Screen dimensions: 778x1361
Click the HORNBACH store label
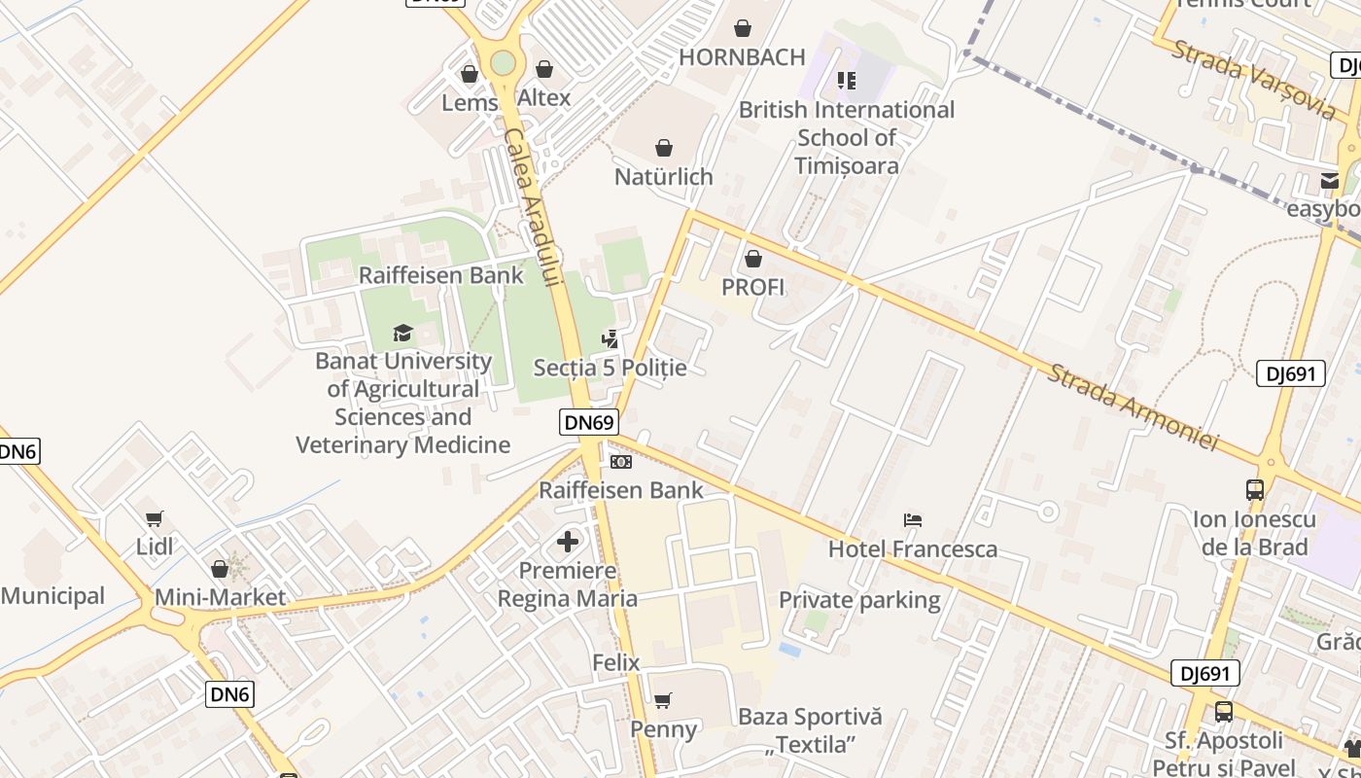[x=742, y=57]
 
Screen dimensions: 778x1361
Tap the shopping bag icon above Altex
[x=544, y=70]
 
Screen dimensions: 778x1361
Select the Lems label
[x=470, y=102]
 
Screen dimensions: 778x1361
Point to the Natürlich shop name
[x=664, y=177]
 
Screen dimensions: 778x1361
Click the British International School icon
[x=846, y=80]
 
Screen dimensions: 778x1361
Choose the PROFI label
[x=753, y=288]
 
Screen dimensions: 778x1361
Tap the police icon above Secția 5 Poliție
[x=611, y=339]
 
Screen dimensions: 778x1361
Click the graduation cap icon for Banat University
[x=403, y=334]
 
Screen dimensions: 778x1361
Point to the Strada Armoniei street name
[x=1132, y=407]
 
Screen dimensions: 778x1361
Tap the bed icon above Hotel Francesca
[x=912, y=520]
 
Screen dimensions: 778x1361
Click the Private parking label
[x=859, y=600]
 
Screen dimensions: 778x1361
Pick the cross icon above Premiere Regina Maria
[x=568, y=542]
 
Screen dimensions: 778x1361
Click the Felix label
[x=616, y=663]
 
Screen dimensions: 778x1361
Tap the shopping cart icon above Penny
[x=663, y=700]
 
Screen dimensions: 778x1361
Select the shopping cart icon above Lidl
[x=154, y=518]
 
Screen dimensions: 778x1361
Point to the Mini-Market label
[x=221, y=597]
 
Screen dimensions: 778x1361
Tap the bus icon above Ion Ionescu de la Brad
[x=1254, y=489]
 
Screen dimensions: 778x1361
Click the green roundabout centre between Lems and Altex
[x=503, y=63]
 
